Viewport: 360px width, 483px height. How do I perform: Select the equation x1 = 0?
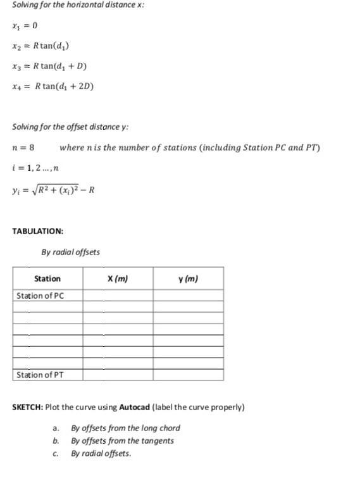click(25, 26)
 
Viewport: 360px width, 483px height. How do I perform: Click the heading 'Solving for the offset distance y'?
click(70, 127)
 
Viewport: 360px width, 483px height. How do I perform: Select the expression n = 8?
click(23, 147)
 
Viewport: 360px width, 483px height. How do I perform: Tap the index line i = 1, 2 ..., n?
click(35, 168)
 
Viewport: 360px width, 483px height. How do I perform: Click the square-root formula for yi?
click(54, 189)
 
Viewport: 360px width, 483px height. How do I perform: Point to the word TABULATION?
click(38, 231)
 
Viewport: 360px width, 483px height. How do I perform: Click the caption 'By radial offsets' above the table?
click(71, 252)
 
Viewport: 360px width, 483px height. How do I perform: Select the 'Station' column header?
click(47, 279)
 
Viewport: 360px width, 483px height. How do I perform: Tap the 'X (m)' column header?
click(118, 279)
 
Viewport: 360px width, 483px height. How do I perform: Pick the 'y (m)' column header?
click(188, 279)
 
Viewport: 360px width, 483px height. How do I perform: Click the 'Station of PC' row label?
click(40, 296)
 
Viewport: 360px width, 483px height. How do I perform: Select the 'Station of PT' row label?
click(40, 375)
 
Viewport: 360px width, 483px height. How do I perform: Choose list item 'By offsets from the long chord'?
click(125, 428)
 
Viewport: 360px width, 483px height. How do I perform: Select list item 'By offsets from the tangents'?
click(122, 441)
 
